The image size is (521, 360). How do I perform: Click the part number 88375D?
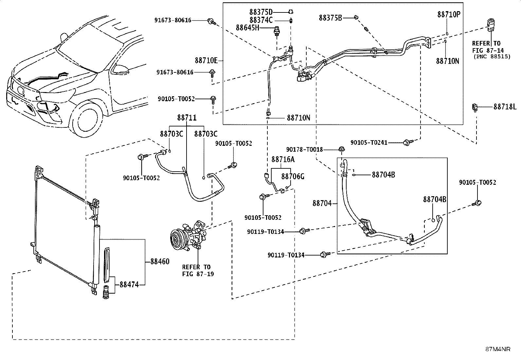pyautogui.click(x=261, y=12)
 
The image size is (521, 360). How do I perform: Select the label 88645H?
pyautogui.click(x=247, y=28)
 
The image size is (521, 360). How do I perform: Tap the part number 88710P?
pyautogui.click(x=449, y=14)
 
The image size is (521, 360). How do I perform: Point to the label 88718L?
pyautogui.click(x=505, y=107)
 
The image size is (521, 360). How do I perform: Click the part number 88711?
pyautogui.click(x=187, y=118)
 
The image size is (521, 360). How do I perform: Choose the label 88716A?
pyautogui.click(x=283, y=159)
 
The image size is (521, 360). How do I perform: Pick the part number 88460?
pyautogui.click(x=160, y=261)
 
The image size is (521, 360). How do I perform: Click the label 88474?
pyautogui.click(x=129, y=285)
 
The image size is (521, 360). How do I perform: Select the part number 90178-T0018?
pyautogui.click(x=304, y=149)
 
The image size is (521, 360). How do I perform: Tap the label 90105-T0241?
pyautogui.click(x=369, y=142)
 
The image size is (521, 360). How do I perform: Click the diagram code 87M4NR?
pyautogui.click(x=498, y=349)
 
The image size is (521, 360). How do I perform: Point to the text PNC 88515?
pyautogui.click(x=492, y=57)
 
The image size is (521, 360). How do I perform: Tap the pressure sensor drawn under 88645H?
pyautogui.click(x=277, y=31)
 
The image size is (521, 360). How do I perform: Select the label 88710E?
pyautogui.click(x=206, y=61)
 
